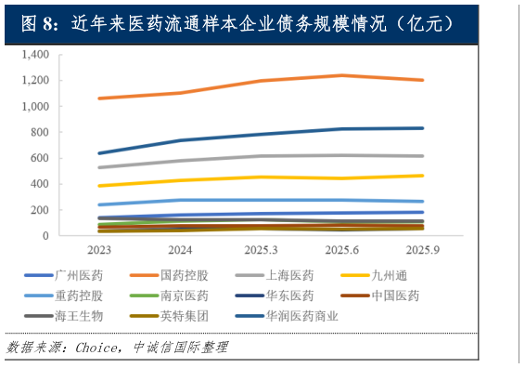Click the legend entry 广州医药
(x=78, y=275)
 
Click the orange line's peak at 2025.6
(x=341, y=75)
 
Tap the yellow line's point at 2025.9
(x=422, y=176)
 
